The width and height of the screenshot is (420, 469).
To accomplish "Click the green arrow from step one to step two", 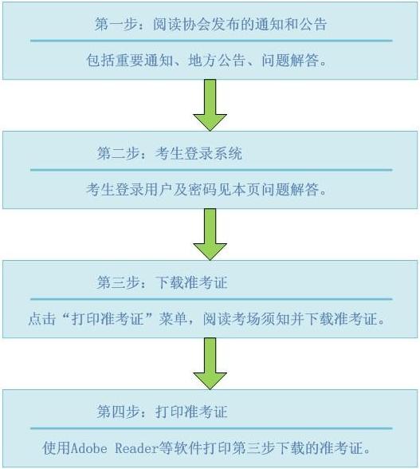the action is pos(210,104).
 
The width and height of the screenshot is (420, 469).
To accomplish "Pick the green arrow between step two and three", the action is pos(210,235).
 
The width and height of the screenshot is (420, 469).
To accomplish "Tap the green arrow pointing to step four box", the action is pos(210,364).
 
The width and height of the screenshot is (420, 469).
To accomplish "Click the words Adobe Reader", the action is pos(115,448).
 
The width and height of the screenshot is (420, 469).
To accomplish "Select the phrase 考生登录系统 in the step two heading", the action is pos(198,153).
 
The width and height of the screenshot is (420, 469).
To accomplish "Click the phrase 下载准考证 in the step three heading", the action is pos(191,282).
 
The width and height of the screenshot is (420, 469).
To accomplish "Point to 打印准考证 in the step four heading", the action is pos(191,412).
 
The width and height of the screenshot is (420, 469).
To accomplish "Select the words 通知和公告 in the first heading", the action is pos(291,24).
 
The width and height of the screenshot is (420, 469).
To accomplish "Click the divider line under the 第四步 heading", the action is pos(211,428).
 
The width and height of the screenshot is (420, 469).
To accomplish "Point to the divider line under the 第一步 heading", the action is pos(211,41).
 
